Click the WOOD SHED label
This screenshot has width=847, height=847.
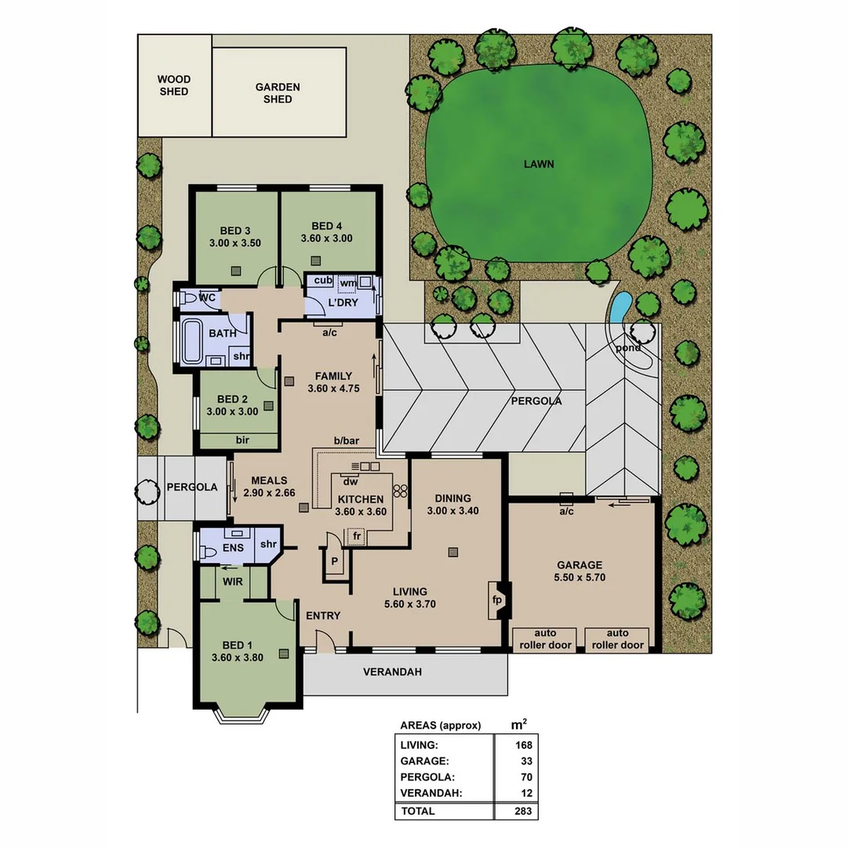tap(173, 85)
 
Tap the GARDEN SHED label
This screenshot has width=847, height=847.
tap(278, 93)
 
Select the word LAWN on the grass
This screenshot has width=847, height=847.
tap(539, 165)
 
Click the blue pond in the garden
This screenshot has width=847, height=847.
tap(620, 306)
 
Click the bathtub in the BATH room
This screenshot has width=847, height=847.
tap(191, 342)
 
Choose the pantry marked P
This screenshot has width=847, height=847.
tap(334, 562)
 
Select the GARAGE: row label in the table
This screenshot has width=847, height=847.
tap(424, 761)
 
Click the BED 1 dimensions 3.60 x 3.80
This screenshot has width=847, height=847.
tap(237, 658)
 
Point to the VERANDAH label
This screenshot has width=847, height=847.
tap(392, 672)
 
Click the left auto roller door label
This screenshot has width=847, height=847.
tap(545, 639)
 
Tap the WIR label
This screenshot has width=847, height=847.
tap(233, 582)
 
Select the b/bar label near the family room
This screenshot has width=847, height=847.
tap(346, 441)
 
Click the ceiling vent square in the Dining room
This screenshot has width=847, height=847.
tap(453, 552)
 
